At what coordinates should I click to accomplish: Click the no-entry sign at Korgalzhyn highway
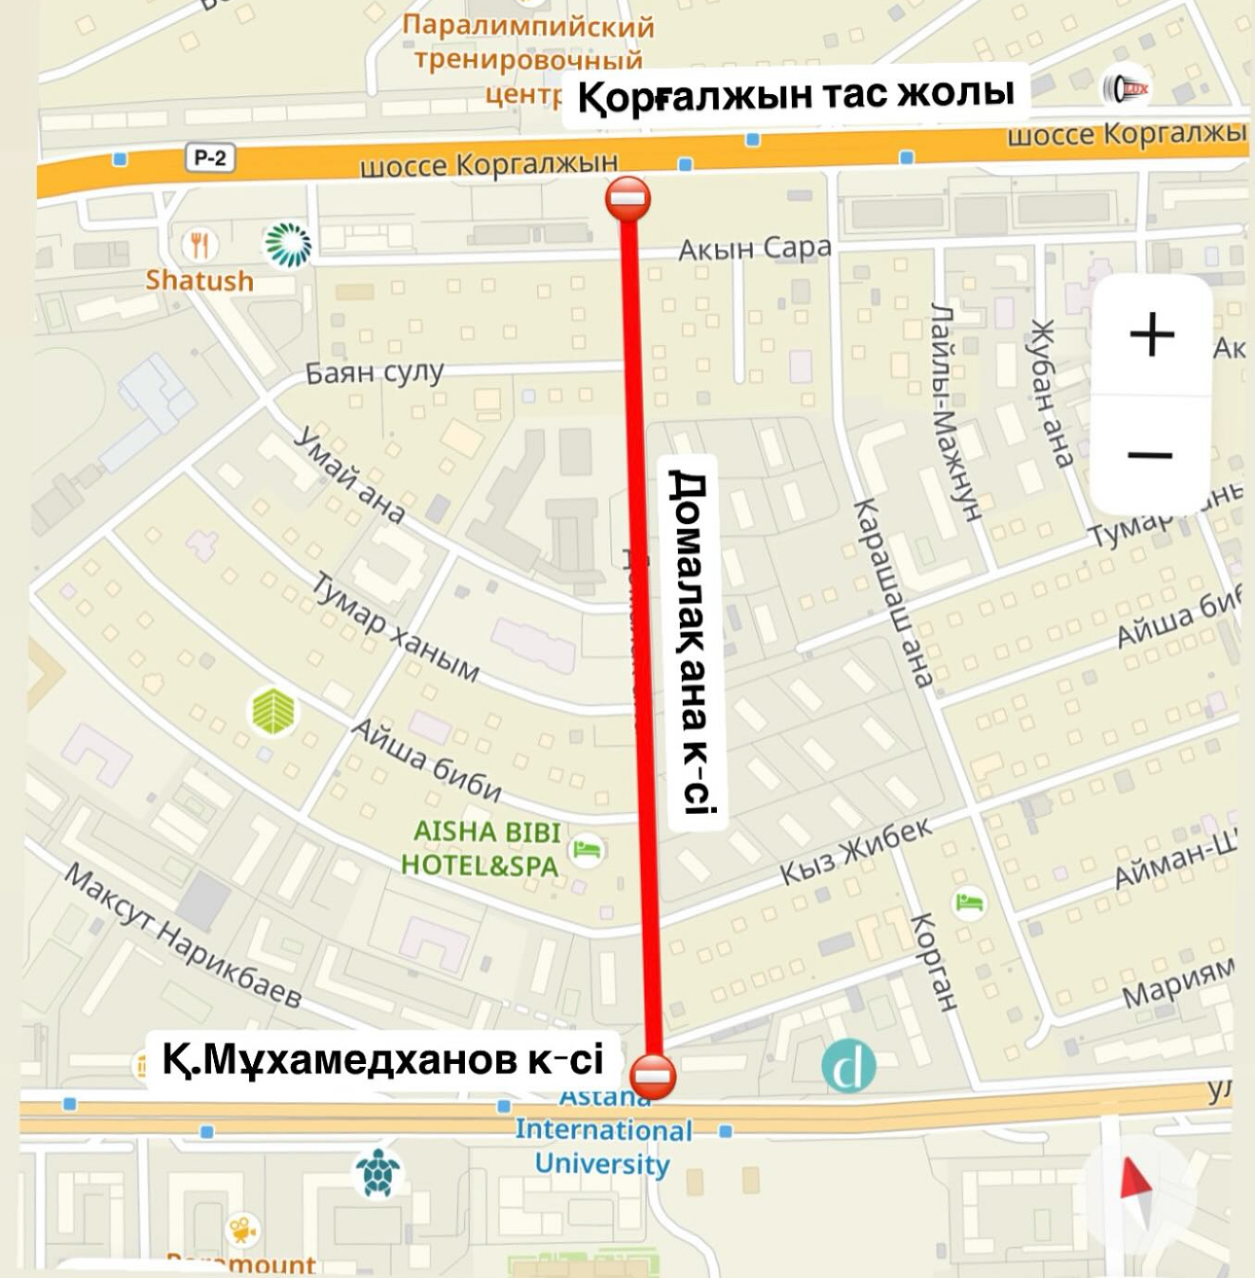pos(627,200)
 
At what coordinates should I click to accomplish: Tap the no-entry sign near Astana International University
pos(654,1076)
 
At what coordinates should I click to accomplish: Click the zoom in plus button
pos(1151,335)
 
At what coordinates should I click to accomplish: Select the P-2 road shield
pos(209,158)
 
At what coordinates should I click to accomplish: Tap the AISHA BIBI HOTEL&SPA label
pos(480,848)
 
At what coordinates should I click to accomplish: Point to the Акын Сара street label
pos(754,249)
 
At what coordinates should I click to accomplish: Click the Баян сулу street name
pos(375,372)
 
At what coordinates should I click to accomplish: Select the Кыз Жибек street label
pos(856,851)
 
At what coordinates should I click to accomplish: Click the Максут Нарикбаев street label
pos(183,937)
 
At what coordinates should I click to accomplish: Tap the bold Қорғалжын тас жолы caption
pos(795,94)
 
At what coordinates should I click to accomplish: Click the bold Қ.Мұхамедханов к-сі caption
pos(383,1058)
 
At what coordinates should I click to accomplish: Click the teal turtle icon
pos(377,1173)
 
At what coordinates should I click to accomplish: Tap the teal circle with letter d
pos(848,1066)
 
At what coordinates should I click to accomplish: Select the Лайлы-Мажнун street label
pos(955,412)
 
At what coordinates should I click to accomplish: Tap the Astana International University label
pos(603,1132)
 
